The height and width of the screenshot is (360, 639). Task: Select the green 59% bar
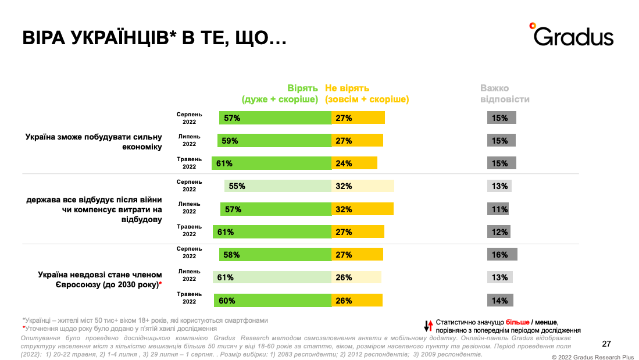click(274, 141)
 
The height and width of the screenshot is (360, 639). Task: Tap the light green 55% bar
click(278, 186)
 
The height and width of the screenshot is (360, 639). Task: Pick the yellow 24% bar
click(354, 163)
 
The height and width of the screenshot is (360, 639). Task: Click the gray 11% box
click(498, 209)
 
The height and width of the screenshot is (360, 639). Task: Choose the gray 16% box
click(502, 255)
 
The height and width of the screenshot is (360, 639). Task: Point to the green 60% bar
click(273, 300)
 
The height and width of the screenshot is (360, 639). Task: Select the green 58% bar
click(275, 255)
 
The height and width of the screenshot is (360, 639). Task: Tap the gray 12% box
click(499, 231)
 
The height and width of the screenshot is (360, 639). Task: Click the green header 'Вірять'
click(302, 88)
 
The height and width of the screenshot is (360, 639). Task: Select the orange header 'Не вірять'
click(347, 88)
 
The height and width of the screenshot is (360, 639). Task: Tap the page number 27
click(606, 343)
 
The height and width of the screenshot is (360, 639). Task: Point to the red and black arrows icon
click(427, 325)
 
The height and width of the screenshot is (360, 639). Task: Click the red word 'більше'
click(517, 322)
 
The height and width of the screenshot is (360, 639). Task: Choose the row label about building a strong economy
click(93, 142)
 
